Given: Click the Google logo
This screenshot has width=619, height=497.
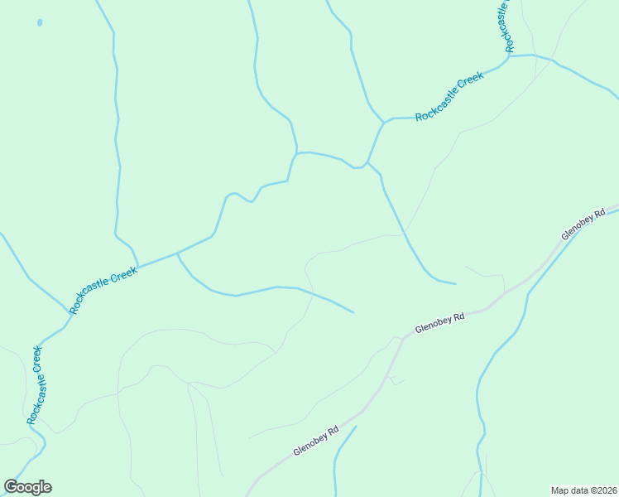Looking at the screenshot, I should click(27, 487).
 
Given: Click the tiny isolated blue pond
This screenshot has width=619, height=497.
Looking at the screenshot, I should click(40, 22).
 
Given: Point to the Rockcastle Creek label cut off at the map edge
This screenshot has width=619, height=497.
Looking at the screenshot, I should click(504, 25).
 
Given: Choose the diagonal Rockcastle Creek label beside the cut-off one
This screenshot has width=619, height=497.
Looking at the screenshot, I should click(449, 97).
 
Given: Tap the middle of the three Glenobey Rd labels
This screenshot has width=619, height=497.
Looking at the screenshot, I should click(439, 321).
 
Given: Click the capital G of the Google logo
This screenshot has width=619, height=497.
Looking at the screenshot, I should click(12, 487).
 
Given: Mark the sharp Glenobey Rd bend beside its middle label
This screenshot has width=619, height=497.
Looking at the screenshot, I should click(405, 336).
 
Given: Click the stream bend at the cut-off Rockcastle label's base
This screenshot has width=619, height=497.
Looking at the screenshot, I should click(508, 55).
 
